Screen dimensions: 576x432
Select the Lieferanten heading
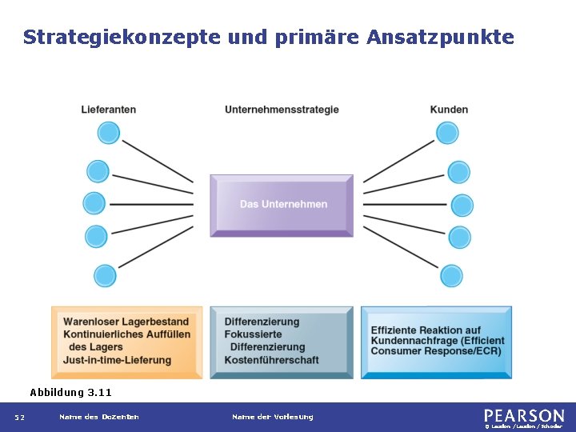coord(109,110)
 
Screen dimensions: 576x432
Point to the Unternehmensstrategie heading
coord(282,110)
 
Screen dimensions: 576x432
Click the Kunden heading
coord(449,110)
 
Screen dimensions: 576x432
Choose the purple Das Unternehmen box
coord(282,205)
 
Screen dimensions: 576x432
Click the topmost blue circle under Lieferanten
coord(109,133)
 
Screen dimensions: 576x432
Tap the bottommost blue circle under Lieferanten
coord(105,276)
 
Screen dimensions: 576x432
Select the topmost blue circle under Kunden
coord(447,133)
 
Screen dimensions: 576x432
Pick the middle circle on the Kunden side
coord(462,206)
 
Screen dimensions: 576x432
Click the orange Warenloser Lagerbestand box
coord(126,342)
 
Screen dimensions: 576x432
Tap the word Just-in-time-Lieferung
coord(118,360)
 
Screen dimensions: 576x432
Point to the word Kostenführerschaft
coord(272,360)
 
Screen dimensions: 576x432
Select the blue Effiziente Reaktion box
coord(436,342)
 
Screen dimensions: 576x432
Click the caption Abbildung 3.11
coord(70,393)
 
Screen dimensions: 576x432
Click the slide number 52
coord(19,418)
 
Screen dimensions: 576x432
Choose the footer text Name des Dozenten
coord(98,417)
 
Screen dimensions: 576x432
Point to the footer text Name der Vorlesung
coord(272,417)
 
